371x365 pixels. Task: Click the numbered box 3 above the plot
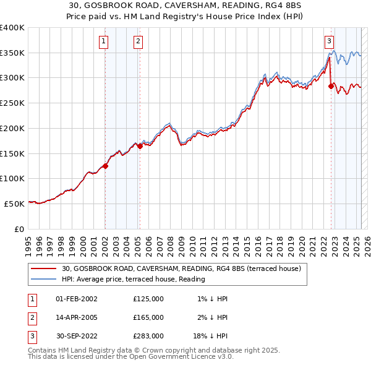(330, 41)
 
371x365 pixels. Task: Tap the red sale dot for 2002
(105, 166)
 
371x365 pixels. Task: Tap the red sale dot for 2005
(140, 146)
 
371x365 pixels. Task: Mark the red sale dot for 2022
(331, 87)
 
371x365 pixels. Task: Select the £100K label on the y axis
(12, 178)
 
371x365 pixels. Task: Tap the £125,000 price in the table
(148, 298)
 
